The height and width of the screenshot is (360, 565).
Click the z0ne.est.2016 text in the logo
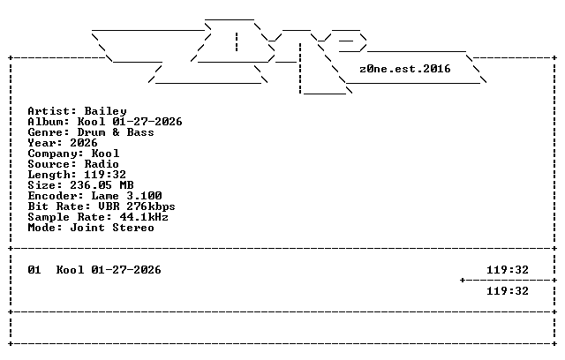click(x=405, y=69)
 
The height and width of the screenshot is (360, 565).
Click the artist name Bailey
click(x=106, y=111)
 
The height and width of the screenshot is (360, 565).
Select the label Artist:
click(x=52, y=111)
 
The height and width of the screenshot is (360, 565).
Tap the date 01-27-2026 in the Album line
click(x=147, y=122)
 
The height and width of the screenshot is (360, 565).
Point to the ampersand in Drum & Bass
click(x=116, y=132)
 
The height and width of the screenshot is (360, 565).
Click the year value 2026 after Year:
click(x=84, y=143)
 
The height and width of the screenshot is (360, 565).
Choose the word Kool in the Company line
click(x=105, y=154)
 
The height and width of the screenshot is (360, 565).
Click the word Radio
click(x=102, y=164)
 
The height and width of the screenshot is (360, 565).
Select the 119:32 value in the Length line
click(x=105, y=175)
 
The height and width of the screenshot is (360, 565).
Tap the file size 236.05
click(x=91, y=185)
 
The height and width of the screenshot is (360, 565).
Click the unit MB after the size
click(x=126, y=185)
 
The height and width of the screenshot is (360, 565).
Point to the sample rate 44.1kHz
click(x=144, y=217)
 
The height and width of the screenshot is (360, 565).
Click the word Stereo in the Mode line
click(x=133, y=228)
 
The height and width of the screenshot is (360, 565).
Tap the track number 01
click(x=34, y=270)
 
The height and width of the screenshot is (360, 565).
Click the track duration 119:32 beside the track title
click(x=508, y=270)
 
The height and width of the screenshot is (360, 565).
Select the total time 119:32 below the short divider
click(x=508, y=291)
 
